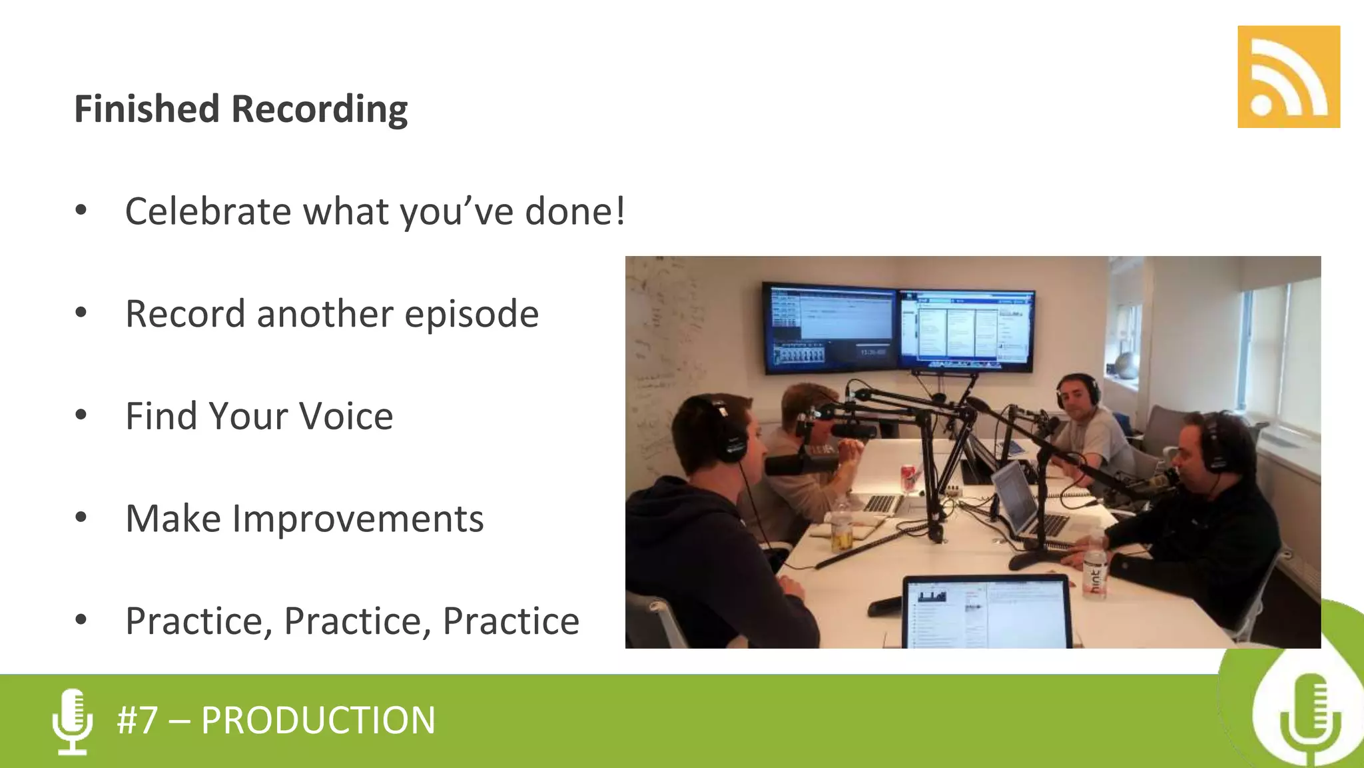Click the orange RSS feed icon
coord(1288,77)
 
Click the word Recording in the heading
coord(319,109)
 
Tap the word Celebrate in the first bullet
coord(208,212)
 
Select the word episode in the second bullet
coord(471,315)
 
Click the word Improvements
coord(358,519)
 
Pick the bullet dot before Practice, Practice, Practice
coord(81,620)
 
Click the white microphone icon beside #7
coord(72,721)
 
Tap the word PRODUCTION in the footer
coord(318,721)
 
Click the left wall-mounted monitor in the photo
coord(830,327)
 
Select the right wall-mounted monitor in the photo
coord(965,329)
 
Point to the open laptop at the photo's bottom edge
coord(986,612)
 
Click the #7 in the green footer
coord(137,721)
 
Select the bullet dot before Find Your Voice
coord(81,415)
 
